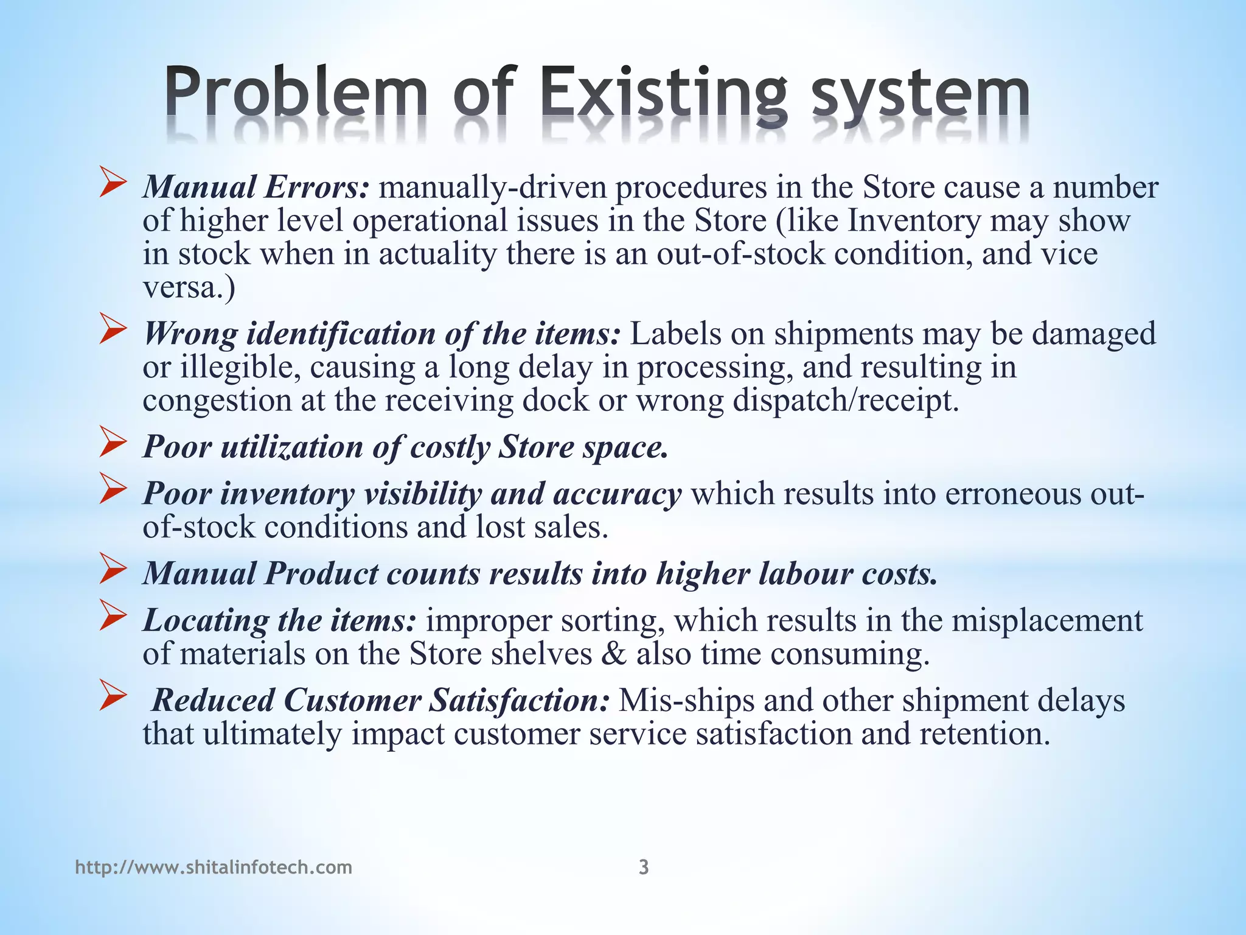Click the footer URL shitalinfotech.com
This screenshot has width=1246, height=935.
(214, 867)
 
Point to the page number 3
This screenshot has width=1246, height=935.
(644, 867)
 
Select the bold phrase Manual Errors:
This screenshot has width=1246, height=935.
(256, 187)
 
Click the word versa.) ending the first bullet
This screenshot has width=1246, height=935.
(189, 287)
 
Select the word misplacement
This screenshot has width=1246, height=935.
(1047, 620)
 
